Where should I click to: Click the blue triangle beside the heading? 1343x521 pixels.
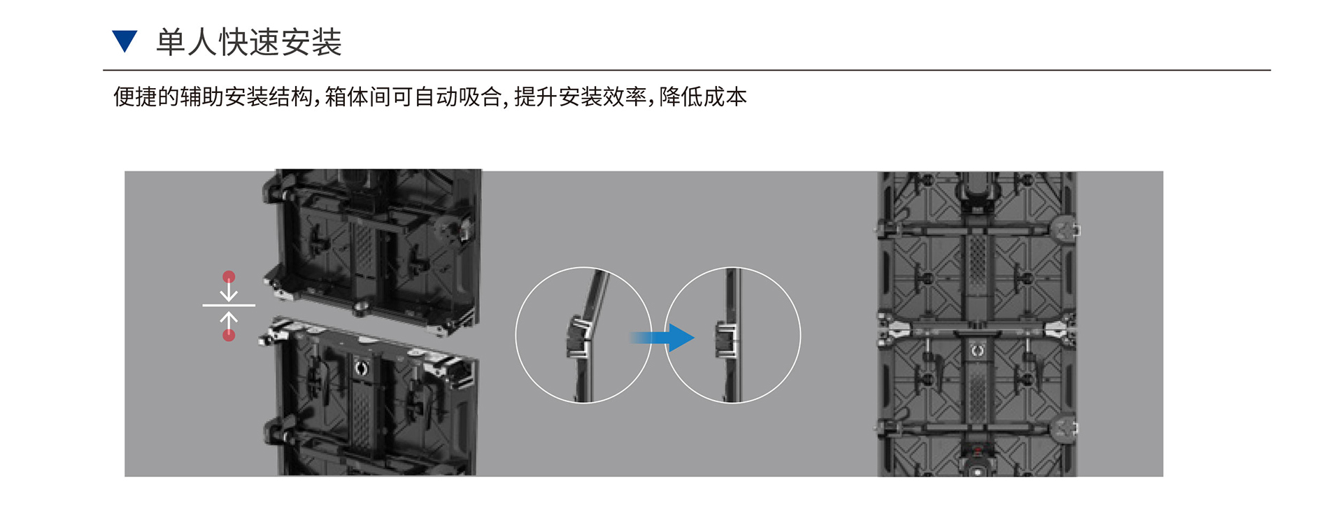click(x=125, y=41)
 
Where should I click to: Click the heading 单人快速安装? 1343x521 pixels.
click(x=249, y=42)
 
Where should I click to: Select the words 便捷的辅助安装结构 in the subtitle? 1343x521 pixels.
click(x=213, y=97)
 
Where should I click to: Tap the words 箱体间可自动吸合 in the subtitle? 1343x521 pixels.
click(x=413, y=97)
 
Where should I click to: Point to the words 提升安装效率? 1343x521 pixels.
click(x=581, y=97)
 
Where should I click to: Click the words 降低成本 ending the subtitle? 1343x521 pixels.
click(x=703, y=97)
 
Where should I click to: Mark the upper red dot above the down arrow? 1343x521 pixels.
click(x=229, y=277)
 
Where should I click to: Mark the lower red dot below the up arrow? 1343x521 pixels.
click(x=229, y=335)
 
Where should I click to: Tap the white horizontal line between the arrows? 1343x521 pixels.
click(x=229, y=306)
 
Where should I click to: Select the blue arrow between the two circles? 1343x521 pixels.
click(x=662, y=338)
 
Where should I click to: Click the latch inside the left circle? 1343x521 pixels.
click(x=578, y=337)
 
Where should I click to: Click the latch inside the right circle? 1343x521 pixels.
click(x=725, y=339)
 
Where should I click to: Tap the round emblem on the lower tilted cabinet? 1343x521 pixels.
click(x=361, y=368)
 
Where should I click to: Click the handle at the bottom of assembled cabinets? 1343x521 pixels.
click(x=977, y=462)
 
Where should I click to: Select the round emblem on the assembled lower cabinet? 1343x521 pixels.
click(x=977, y=350)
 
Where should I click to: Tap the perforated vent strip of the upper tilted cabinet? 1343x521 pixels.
click(x=362, y=245)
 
